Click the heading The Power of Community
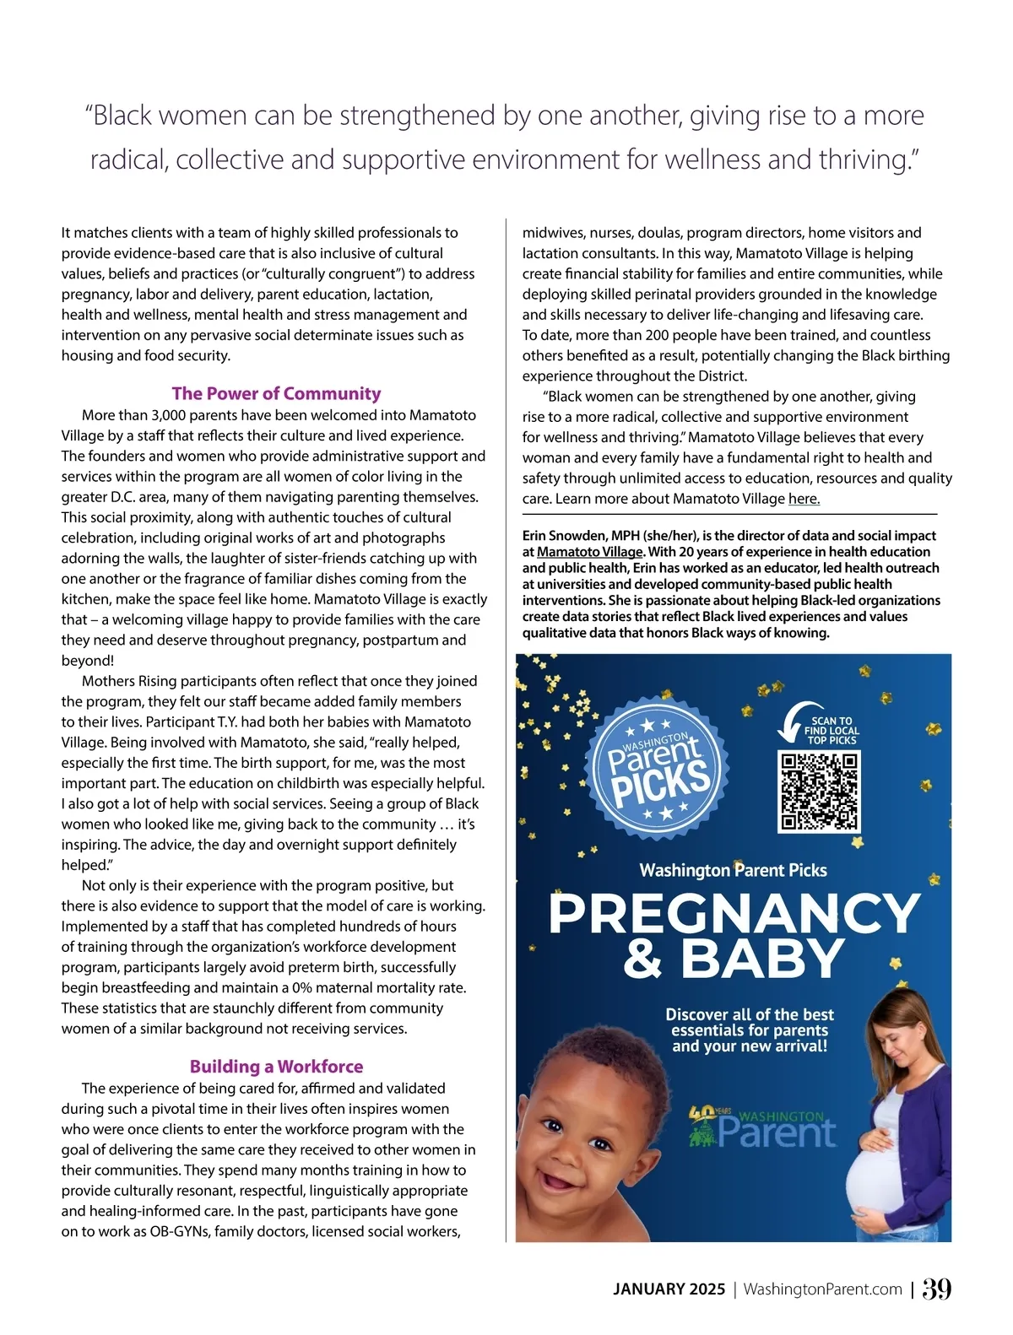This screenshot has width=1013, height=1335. coord(276,393)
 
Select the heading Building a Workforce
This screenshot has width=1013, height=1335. coord(276,1066)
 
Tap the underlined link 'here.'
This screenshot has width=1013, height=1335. coord(804,499)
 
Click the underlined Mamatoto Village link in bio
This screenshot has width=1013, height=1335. coord(589,552)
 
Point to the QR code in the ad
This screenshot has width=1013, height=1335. coord(818,791)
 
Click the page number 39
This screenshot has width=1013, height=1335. coord(936,1289)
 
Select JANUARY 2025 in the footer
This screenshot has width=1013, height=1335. coord(669,1289)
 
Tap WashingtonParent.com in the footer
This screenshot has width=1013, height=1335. coord(822,1289)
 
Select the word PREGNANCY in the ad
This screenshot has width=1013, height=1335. coord(734,913)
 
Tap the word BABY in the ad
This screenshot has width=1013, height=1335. coord(762,959)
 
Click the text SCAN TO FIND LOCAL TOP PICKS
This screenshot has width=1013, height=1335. coord(832,731)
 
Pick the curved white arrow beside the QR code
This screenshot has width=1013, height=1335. coord(791,723)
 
